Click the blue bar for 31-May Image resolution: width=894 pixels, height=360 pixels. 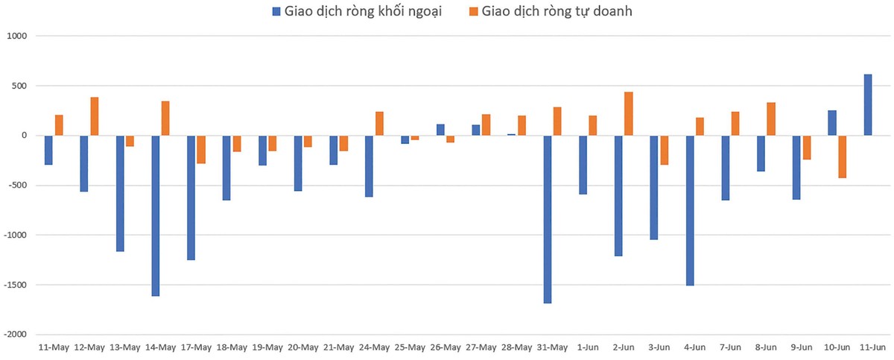tap(547, 219)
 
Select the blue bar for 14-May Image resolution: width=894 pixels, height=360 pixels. tap(155, 215)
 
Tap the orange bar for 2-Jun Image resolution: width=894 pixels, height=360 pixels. tap(629, 114)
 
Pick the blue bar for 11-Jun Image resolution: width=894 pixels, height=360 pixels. tap(867, 105)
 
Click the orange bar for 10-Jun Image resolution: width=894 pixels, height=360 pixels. tap(842, 157)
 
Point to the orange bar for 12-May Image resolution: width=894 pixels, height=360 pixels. tap(95, 116)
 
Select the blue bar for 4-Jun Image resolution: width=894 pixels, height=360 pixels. tap(690, 210)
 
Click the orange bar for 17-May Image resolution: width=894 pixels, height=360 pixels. tap(201, 149)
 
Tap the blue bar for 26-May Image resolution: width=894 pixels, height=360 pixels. tap(440, 130)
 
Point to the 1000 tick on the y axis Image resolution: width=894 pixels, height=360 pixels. tap(16, 36)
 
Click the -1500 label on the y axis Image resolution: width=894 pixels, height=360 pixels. tap(15, 285)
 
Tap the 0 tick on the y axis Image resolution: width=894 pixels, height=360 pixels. tap(23, 136)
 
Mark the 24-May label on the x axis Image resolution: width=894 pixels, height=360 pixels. tap(374, 347)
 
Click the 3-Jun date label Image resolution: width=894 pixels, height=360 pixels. tap(659, 347)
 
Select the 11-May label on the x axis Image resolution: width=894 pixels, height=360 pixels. tap(54, 347)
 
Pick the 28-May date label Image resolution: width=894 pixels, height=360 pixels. tap(517, 347)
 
